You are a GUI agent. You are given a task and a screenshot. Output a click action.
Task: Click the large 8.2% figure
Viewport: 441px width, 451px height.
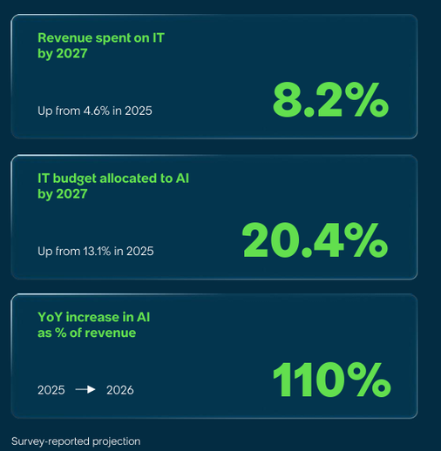click(330, 100)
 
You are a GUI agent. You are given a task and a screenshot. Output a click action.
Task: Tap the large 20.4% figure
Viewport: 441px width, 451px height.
click(315, 240)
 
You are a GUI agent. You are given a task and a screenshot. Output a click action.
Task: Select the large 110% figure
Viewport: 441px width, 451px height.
click(332, 380)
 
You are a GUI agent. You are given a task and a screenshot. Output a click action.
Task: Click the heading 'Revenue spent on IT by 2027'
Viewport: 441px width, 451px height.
click(101, 46)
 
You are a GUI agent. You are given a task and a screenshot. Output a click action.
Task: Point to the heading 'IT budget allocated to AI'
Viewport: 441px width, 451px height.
click(113, 178)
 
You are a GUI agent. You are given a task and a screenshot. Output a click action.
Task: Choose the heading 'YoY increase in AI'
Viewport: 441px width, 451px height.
click(94, 317)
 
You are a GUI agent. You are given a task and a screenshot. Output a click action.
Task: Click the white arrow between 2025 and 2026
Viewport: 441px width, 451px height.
click(85, 389)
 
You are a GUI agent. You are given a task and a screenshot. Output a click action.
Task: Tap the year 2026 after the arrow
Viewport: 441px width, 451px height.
click(120, 390)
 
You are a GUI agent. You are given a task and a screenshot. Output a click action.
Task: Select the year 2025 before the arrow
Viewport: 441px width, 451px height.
click(51, 390)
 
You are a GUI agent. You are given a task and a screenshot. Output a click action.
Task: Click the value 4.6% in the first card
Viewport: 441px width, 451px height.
click(97, 111)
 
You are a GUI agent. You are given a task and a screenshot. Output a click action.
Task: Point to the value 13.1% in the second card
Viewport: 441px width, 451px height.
click(97, 252)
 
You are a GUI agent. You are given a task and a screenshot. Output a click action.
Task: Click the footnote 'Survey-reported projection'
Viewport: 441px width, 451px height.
click(76, 441)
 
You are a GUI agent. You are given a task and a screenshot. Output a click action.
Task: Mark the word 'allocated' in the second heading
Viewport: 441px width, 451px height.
click(127, 178)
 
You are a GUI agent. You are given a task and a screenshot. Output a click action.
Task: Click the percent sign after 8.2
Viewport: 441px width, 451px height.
click(367, 100)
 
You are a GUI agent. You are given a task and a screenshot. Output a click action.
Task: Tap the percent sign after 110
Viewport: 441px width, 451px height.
click(369, 380)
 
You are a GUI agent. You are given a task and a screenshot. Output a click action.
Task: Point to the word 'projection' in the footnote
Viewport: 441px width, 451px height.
click(117, 442)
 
